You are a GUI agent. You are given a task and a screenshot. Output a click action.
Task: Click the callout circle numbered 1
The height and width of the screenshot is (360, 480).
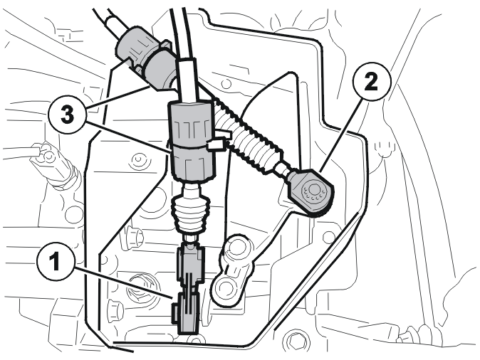56,262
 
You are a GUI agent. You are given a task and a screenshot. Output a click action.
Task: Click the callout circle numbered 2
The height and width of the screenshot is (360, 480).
371,81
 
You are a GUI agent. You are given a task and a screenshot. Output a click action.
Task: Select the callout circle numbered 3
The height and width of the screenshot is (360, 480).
67,115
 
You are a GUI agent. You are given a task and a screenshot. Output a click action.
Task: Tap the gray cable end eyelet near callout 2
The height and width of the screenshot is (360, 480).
310,191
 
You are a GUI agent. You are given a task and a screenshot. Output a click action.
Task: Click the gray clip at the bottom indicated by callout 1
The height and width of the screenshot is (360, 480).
187,314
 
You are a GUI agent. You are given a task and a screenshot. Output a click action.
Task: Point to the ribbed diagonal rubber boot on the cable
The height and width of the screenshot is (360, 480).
249,137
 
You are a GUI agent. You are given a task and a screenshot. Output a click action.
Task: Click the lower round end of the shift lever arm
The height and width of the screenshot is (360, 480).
225,287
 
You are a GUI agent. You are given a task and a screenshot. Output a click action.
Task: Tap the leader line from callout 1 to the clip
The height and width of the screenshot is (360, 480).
122,282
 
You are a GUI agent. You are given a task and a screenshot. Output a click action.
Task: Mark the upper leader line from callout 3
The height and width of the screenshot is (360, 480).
118,97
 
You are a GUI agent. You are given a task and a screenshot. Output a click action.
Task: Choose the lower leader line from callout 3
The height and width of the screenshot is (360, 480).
127,137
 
